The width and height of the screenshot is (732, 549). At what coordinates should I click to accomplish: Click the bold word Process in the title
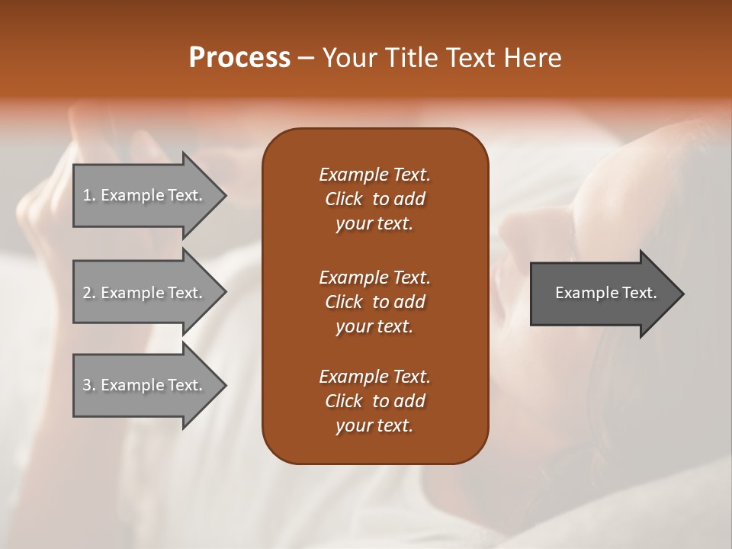pos(239,58)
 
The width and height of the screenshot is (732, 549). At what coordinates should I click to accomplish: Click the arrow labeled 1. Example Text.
pos(145,195)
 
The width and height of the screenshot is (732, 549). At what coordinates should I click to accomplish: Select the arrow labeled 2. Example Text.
pos(145,293)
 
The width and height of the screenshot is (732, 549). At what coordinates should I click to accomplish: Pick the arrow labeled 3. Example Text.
pos(145,385)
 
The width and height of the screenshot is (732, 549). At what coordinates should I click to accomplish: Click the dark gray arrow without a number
pos(602,293)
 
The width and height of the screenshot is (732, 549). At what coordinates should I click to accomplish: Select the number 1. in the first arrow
pos(89,195)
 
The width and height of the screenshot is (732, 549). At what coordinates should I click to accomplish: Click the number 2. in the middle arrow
pos(89,293)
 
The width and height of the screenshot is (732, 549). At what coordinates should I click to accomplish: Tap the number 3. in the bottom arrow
pos(89,385)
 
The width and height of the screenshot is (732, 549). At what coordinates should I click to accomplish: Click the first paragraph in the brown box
pos(374,199)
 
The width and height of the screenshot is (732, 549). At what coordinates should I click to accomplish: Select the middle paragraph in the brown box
pos(374,301)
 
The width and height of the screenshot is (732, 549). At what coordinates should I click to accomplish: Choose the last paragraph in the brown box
pos(374,401)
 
